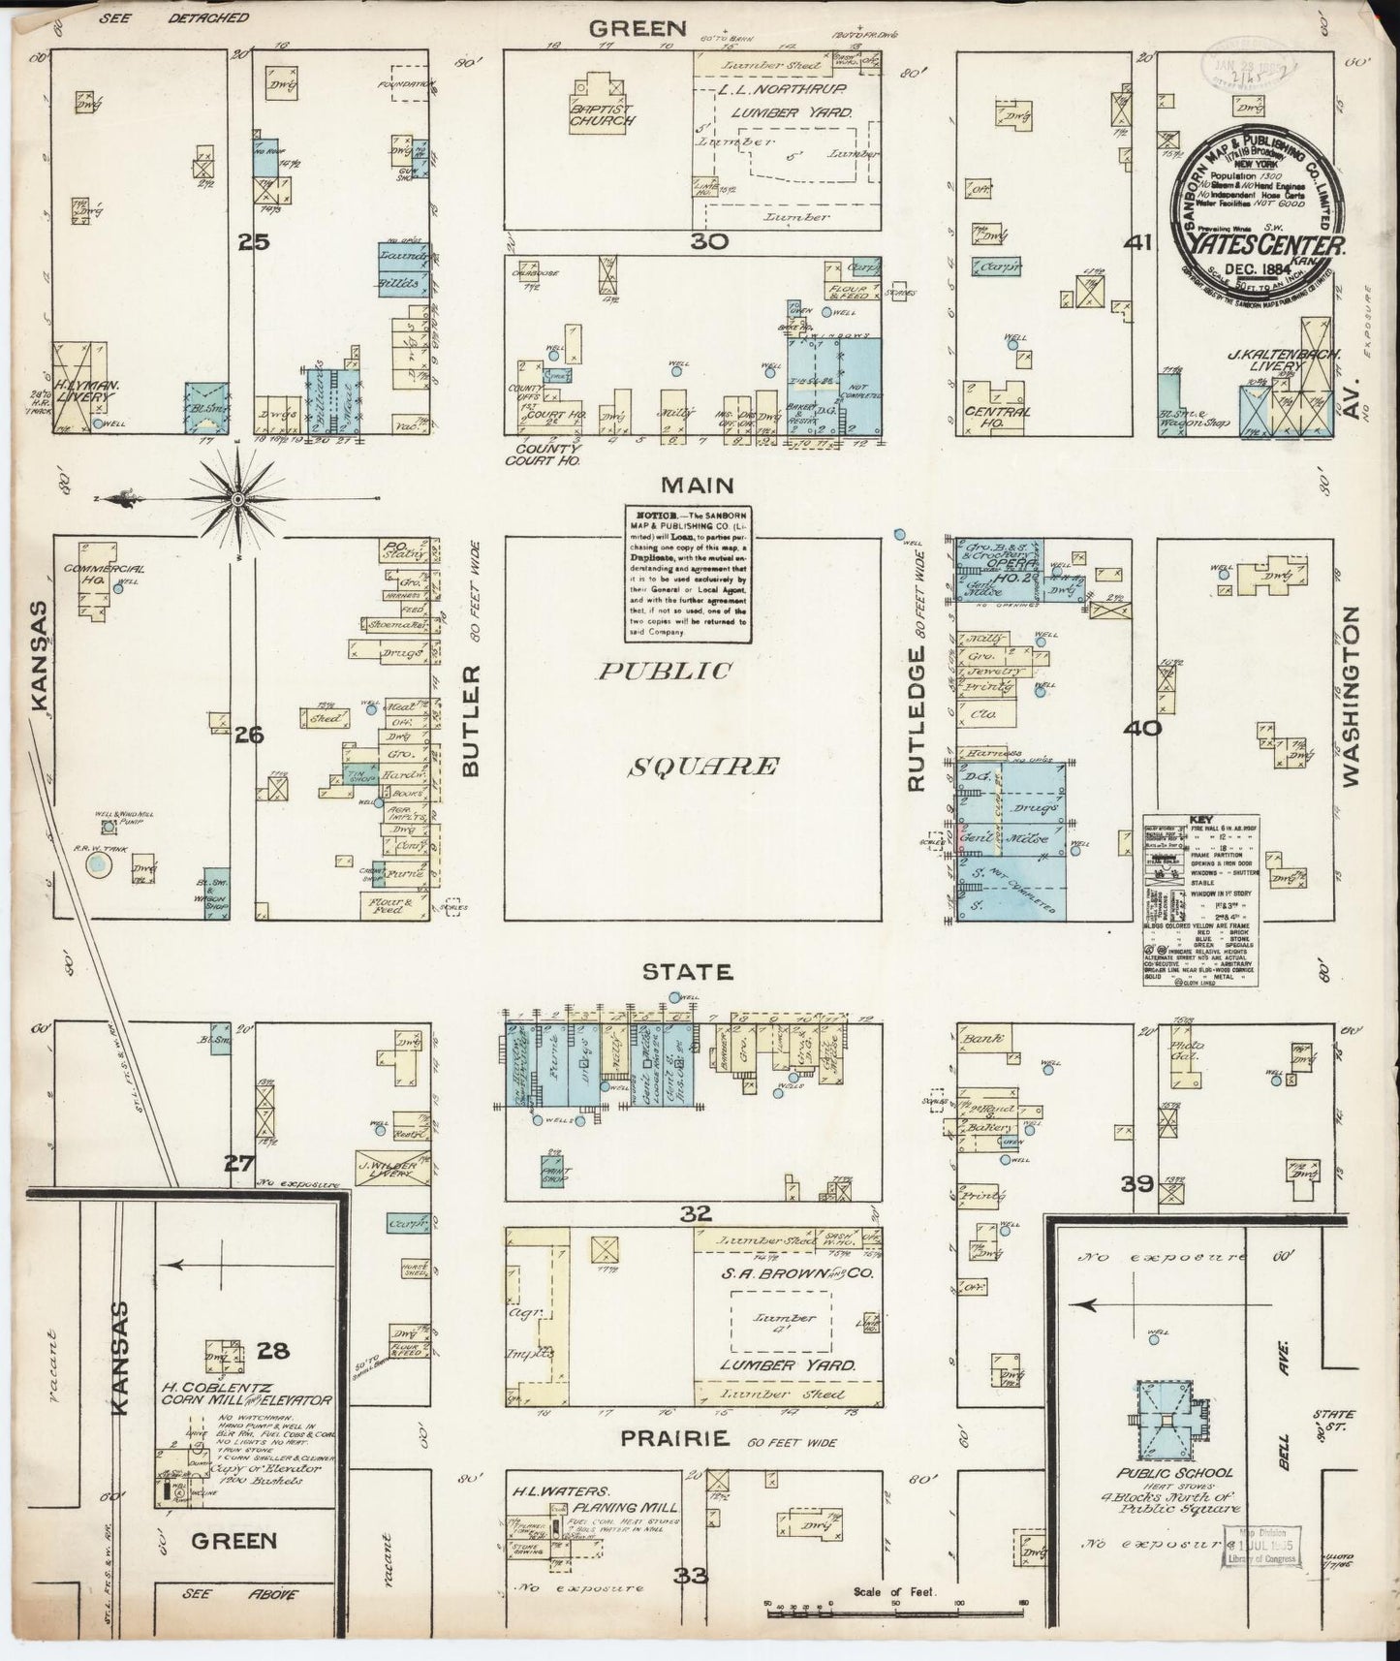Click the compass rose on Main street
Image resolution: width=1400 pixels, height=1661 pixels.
coord(237,498)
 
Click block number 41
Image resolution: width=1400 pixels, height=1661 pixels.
coord(1136,243)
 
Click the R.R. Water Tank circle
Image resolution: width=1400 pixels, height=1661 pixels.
coord(96,864)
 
